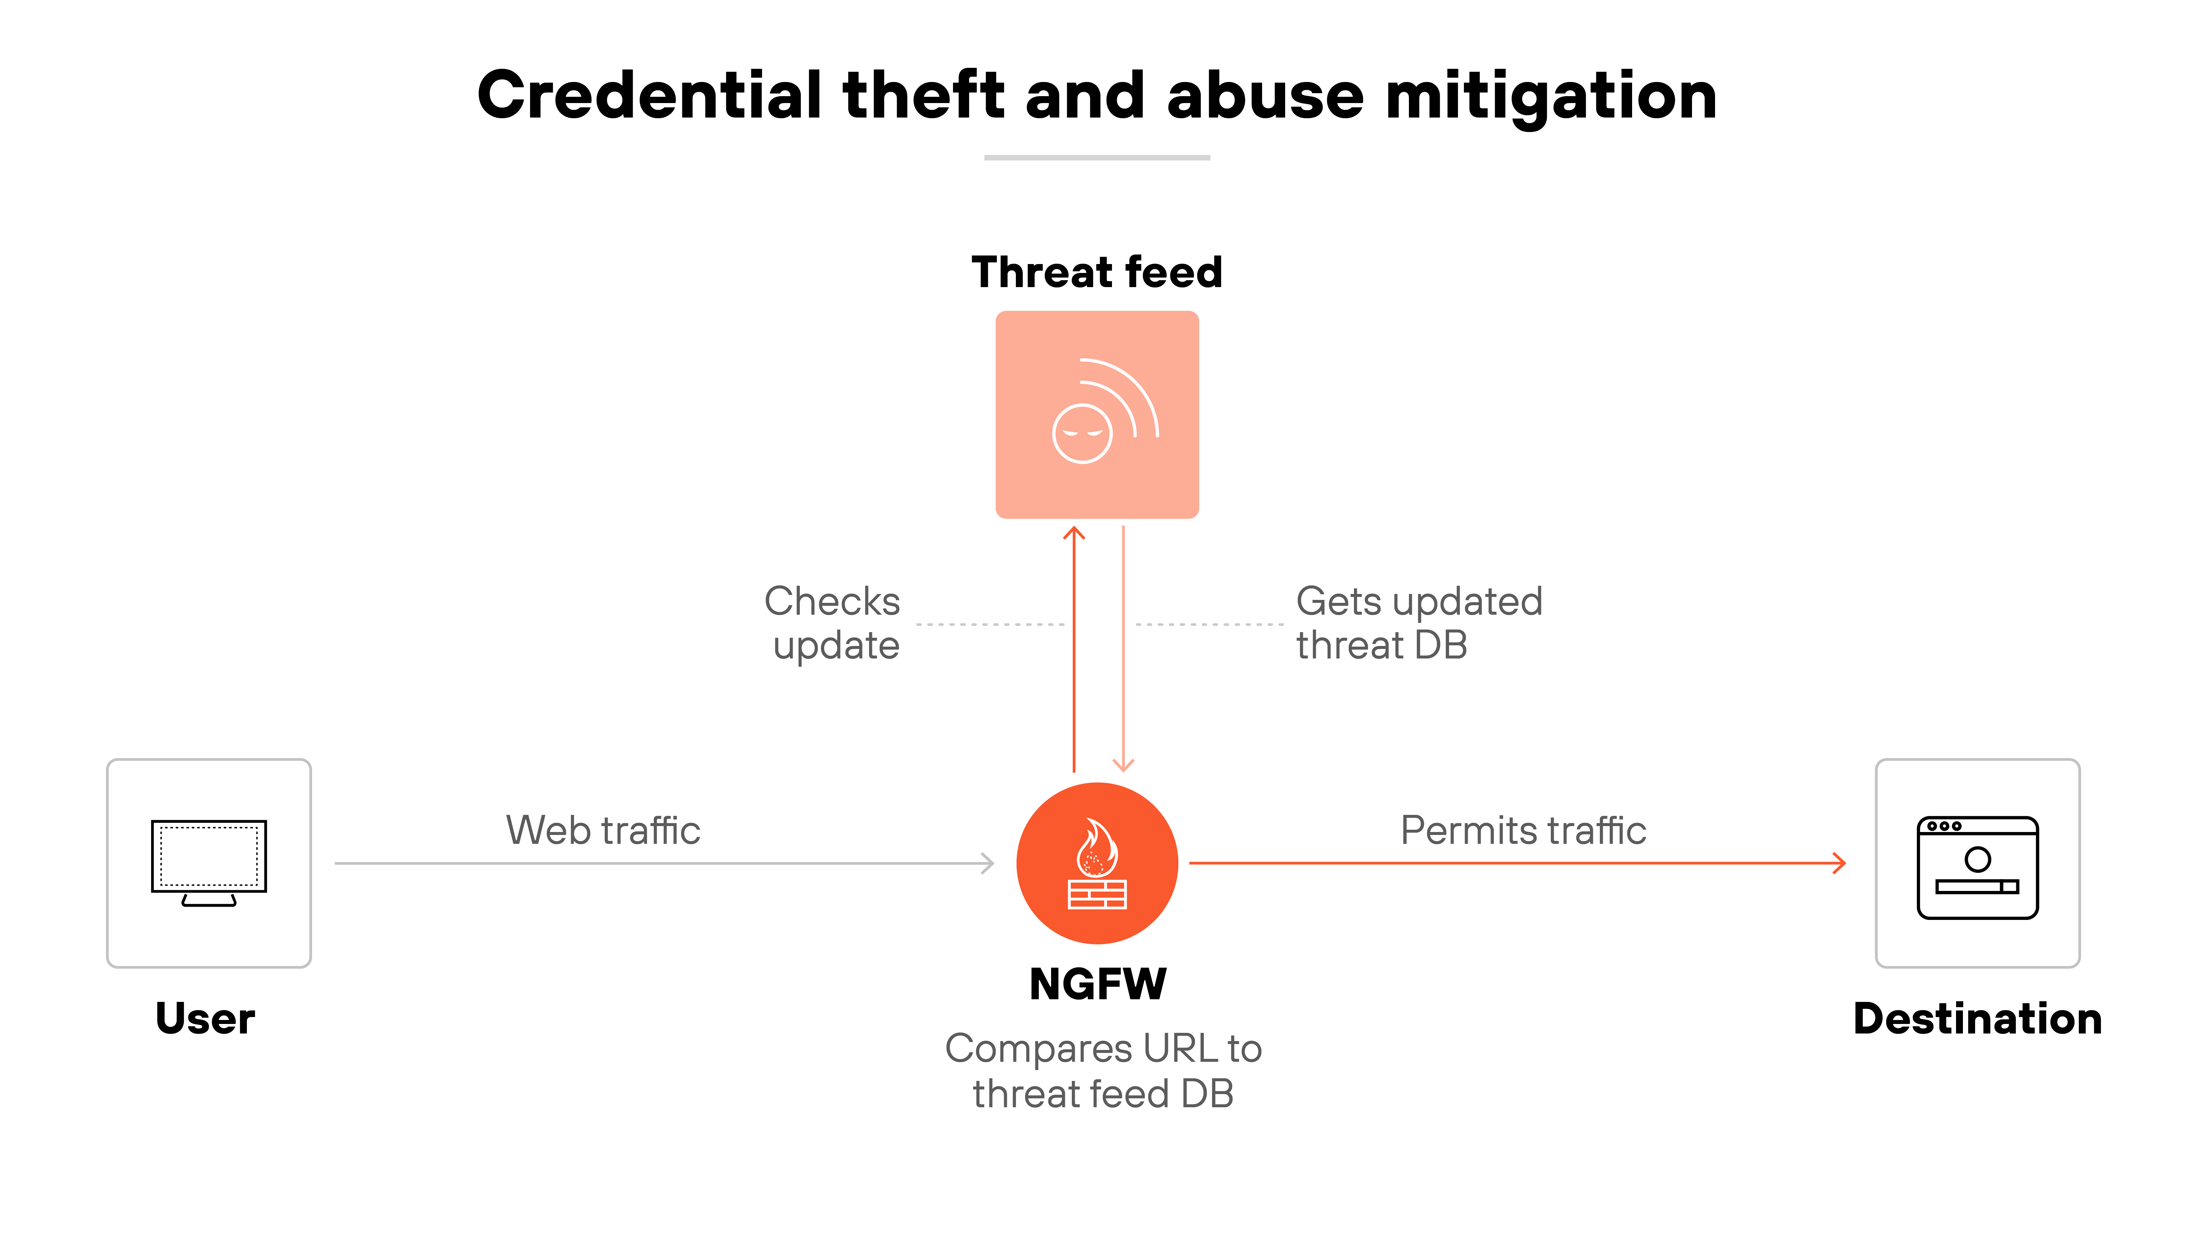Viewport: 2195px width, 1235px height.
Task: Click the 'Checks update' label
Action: tap(833, 623)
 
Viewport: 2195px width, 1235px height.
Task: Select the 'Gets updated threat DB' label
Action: tap(1419, 623)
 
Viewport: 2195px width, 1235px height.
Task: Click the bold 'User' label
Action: tap(205, 1018)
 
